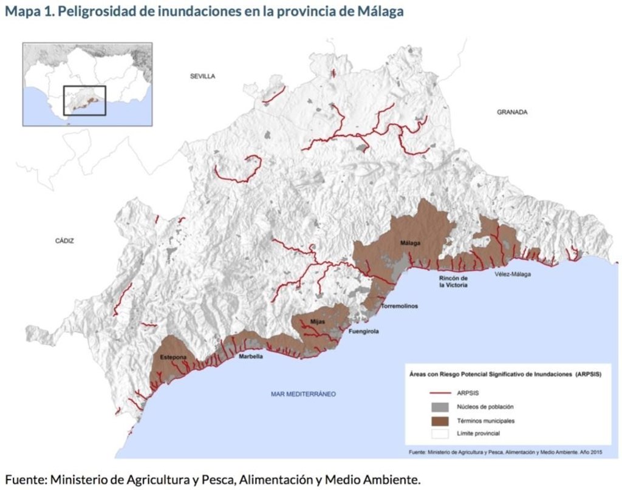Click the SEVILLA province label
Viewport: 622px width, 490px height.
[202, 76]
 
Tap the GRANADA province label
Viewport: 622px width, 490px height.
[512, 112]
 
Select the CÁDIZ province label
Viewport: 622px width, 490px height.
[64, 241]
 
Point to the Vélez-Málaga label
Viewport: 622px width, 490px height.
[512, 274]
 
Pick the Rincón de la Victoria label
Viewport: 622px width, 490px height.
[453, 282]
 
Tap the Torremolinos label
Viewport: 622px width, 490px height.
[399, 307]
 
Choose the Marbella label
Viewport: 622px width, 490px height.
[251, 357]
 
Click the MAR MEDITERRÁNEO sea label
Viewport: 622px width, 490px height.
[303, 394]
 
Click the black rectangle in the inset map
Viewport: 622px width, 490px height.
[84, 100]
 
